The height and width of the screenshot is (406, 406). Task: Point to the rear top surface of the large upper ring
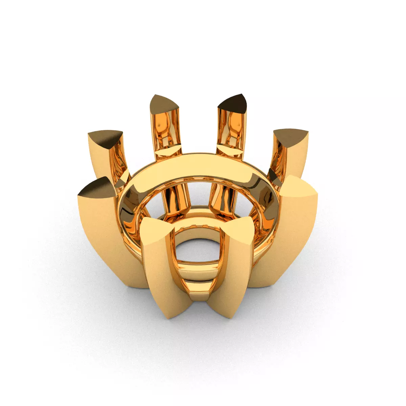[x=200, y=164]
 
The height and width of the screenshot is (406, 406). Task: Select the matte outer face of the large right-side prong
[x=291, y=244]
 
